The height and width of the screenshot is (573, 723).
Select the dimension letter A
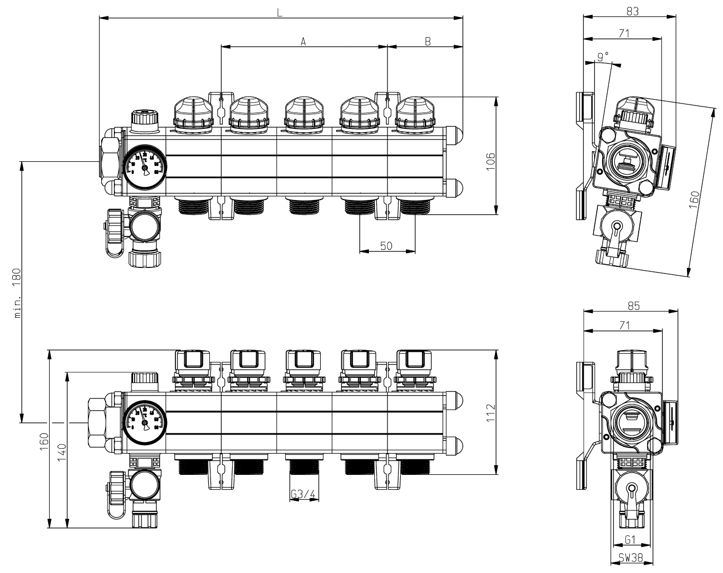(304, 41)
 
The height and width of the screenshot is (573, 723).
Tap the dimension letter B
(427, 41)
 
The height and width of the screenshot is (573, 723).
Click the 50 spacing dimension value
(387, 246)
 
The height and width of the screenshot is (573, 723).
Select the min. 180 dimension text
(17, 293)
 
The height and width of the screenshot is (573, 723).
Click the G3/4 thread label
(304, 495)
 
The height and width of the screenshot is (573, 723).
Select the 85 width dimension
(632, 306)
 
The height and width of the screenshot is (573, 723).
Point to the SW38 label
(632, 558)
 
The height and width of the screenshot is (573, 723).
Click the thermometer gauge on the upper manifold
(145, 166)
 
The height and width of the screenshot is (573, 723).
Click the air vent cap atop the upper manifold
(144, 117)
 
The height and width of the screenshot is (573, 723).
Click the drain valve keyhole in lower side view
(631, 491)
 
